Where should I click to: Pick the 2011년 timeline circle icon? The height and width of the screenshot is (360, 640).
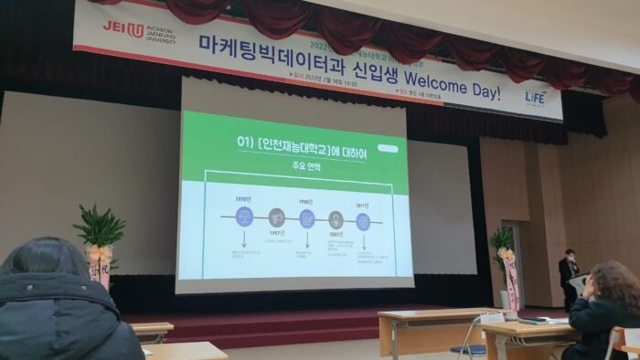point(363,221)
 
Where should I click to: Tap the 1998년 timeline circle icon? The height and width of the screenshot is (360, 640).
point(308,219)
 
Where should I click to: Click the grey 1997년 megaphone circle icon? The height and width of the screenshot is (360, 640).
point(276,217)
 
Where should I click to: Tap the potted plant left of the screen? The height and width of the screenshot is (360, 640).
point(99,228)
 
